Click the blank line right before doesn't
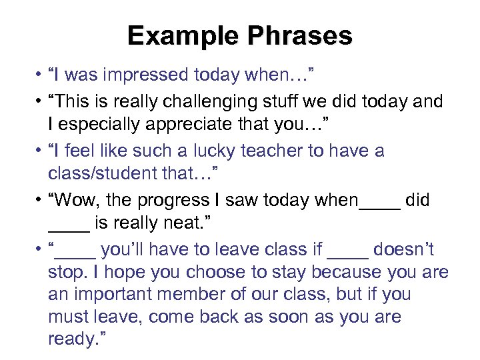tap(348, 255)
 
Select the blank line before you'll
tap(78, 255)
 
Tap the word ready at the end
tap(71, 339)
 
